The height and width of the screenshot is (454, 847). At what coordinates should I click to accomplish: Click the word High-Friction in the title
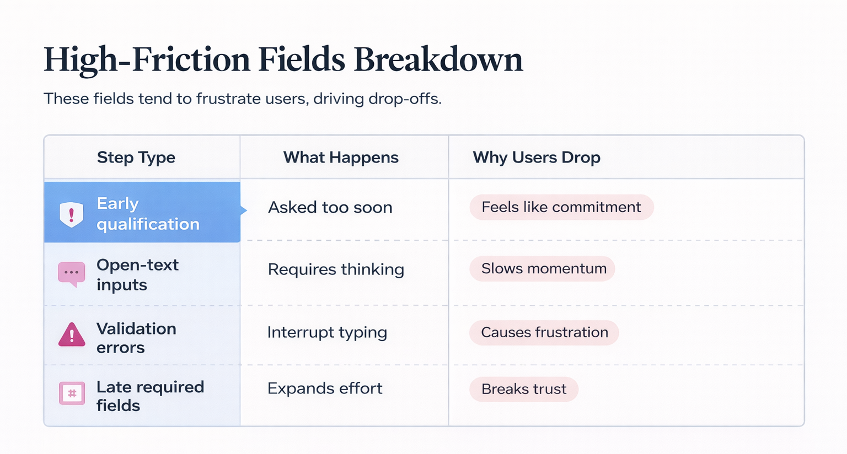147,60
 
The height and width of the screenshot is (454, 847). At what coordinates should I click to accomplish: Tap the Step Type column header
136,158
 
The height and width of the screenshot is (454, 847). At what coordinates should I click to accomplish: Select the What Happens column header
340,158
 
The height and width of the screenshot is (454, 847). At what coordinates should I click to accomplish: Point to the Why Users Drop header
536,158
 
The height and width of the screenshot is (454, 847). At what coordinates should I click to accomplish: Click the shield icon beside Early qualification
72,214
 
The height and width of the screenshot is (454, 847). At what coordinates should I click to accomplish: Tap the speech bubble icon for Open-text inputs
72,273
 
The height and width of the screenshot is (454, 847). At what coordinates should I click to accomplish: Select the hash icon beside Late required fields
72,393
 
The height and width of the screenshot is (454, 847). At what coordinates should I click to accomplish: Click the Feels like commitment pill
561,207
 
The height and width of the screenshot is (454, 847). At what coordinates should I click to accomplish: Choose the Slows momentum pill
543,269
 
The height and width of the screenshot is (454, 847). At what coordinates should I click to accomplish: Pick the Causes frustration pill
544,333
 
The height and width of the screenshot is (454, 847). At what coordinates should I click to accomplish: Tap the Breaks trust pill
523,390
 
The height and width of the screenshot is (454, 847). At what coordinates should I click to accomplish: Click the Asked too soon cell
330,208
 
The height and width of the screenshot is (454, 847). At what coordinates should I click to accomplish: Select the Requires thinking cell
336,269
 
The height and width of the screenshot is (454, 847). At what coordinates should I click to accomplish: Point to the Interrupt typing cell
327,333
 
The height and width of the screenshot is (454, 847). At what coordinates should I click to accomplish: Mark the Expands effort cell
324,388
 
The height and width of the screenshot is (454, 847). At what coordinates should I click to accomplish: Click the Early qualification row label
147,214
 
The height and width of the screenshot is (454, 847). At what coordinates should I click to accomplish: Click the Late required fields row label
149,396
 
